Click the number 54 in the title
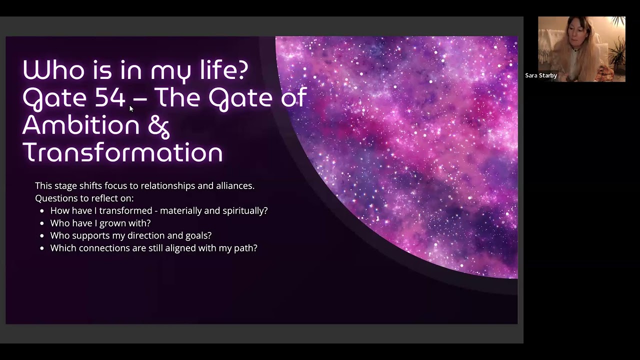(109, 97)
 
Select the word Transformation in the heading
(122, 152)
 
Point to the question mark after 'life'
(241, 70)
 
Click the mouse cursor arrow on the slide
(131, 108)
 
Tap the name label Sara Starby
(541, 75)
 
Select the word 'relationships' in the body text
(167, 185)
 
